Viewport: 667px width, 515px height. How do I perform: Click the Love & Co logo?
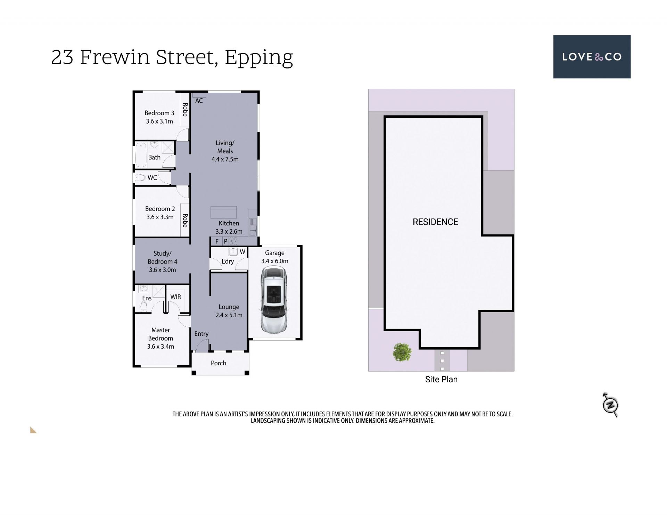[592, 57]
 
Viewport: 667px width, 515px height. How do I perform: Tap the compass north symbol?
[610, 405]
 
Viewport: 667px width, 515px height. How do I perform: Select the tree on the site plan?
[402, 352]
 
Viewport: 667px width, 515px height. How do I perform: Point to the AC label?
[199, 101]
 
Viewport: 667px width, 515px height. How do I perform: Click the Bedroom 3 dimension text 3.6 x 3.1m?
[159, 121]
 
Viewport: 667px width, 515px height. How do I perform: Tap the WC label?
[152, 178]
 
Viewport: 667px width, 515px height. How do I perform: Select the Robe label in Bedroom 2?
[185, 220]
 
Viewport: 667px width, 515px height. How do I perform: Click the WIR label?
[175, 297]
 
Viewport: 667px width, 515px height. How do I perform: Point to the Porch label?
[219, 363]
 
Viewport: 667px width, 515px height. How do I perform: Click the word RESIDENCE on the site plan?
[435, 222]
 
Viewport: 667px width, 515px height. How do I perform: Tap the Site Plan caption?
[441, 380]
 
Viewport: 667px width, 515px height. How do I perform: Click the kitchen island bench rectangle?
[223, 212]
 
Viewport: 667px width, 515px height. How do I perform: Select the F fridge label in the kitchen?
[217, 241]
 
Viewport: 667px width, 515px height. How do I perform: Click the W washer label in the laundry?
[242, 252]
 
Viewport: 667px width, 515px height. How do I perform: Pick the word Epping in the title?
[259, 58]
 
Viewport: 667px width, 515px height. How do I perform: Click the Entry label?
[201, 334]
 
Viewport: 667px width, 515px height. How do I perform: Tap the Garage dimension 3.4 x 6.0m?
[275, 261]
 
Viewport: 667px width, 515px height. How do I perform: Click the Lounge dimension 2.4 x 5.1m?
[229, 315]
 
